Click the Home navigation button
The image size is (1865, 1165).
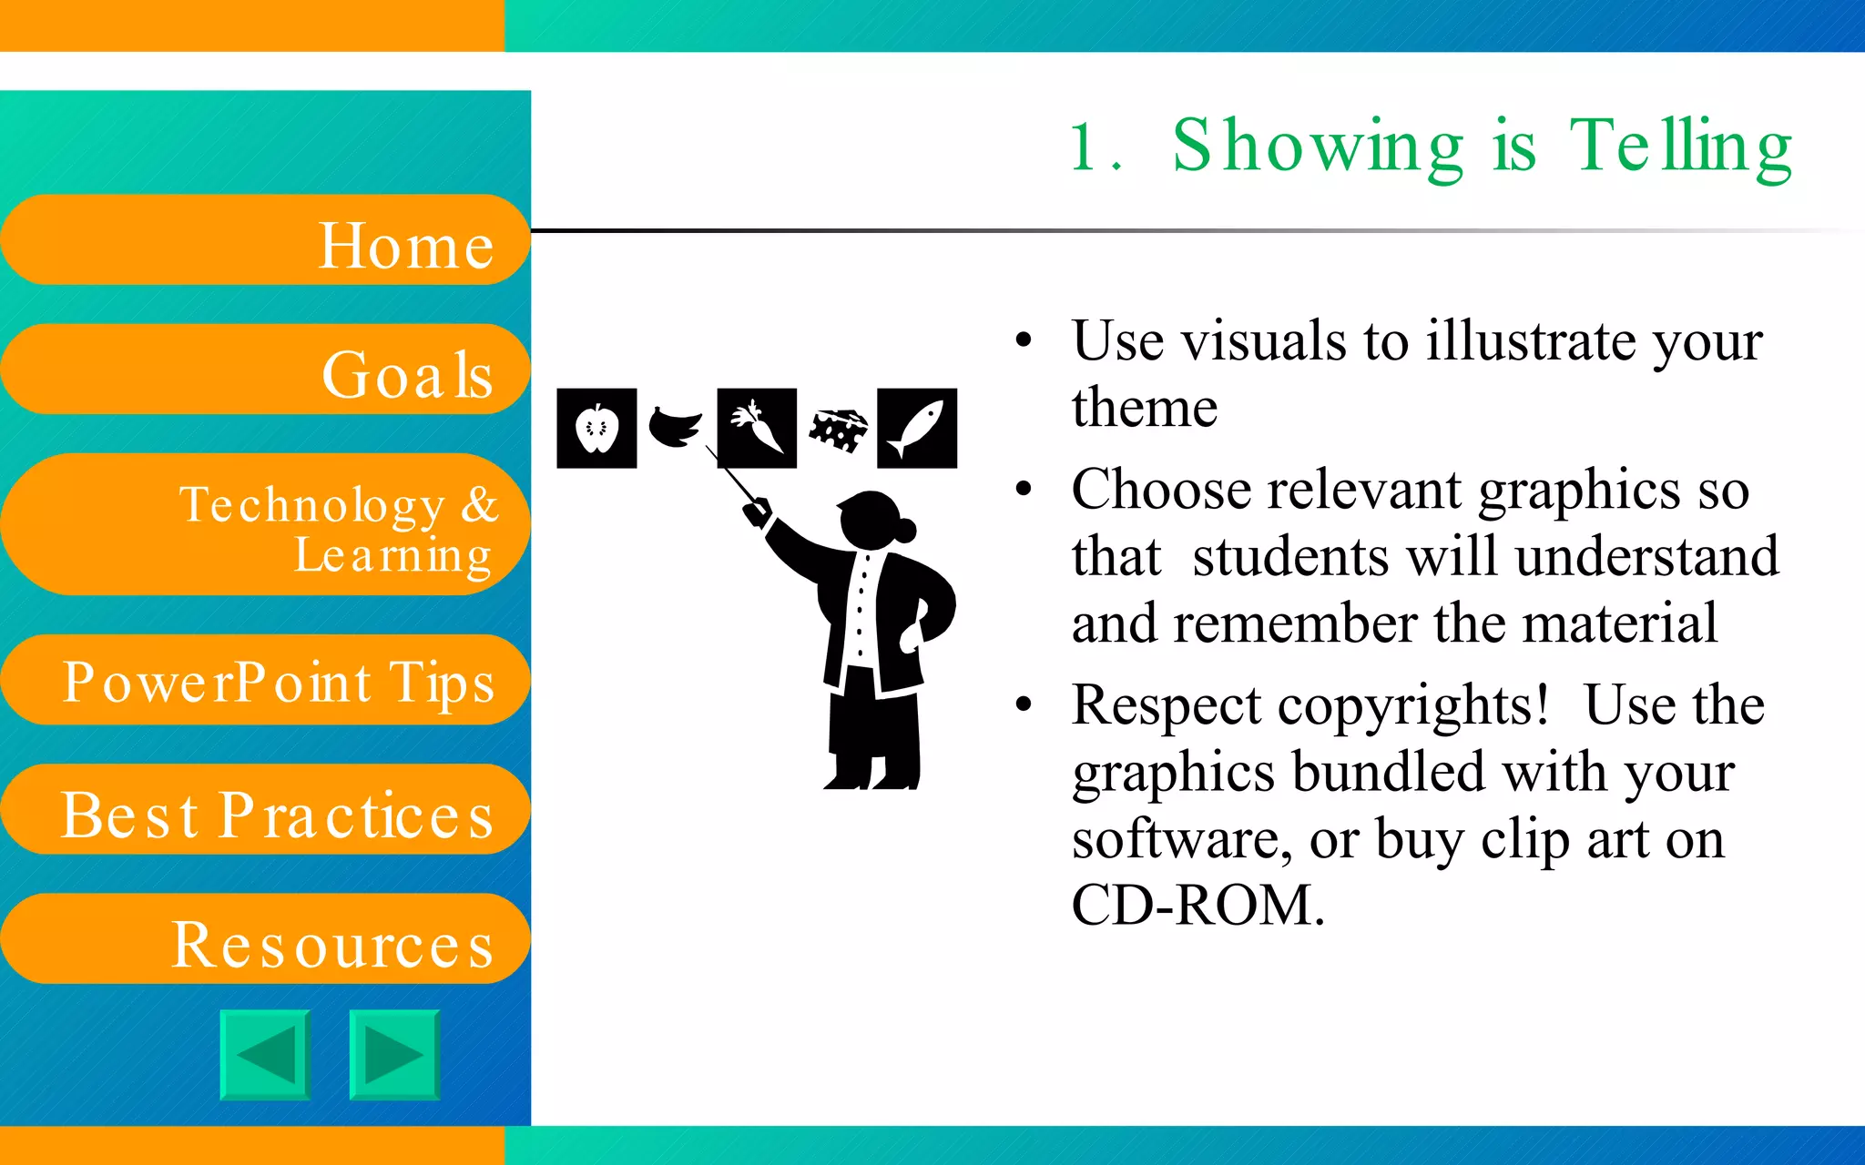264,240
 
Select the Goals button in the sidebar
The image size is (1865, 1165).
264,370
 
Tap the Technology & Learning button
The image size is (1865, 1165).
264,525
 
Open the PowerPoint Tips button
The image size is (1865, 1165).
264,680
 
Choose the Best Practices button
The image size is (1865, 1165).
264,810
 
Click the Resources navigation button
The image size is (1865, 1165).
264,939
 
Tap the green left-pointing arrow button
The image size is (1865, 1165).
265,1055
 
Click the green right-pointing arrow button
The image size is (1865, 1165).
394,1055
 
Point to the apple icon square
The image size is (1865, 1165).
596,428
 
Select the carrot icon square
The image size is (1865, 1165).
757,428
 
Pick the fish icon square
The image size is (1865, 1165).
917,428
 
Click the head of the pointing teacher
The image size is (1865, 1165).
872,520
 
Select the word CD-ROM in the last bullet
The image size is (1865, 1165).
1197,905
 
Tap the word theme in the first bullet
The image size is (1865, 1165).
1145,407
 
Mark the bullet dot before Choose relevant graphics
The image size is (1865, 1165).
1024,490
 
